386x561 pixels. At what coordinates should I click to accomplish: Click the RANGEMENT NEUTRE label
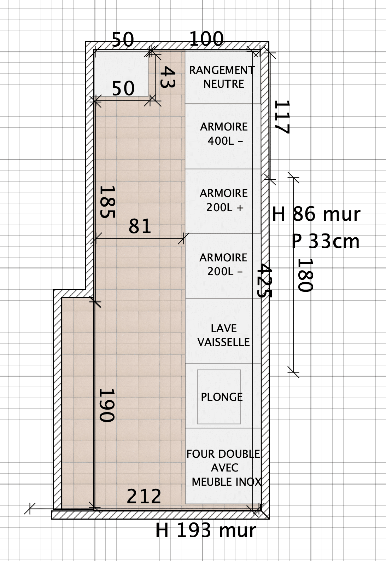[x=222, y=77]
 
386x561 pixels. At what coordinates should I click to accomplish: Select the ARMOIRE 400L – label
[x=224, y=134]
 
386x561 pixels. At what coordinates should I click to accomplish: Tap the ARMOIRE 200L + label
[x=224, y=200]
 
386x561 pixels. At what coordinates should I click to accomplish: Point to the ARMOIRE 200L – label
[x=223, y=265]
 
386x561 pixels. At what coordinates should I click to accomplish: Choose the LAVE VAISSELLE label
[x=223, y=335]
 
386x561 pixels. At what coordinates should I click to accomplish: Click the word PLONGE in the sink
[x=222, y=397]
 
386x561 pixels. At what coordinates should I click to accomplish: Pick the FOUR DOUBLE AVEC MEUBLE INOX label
[x=224, y=468]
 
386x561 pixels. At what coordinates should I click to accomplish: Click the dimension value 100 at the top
[x=206, y=39]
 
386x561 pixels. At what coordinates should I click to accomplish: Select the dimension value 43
[x=168, y=77]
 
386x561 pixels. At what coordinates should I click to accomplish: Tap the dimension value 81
[x=140, y=226]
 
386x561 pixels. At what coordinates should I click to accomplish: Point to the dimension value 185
[x=108, y=202]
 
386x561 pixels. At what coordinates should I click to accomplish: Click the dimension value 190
[x=107, y=405]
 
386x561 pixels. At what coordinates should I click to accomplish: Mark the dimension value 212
[x=144, y=496]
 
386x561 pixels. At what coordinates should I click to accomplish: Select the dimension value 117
[x=282, y=117]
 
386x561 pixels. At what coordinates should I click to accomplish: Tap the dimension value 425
[x=265, y=280]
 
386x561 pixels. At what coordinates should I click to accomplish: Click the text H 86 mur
[x=316, y=214]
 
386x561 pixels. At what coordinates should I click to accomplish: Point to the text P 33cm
[x=326, y=242]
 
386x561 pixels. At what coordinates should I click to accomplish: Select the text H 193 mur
[x=206, y=531]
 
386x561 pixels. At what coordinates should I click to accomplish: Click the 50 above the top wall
[x=123, y=40]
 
